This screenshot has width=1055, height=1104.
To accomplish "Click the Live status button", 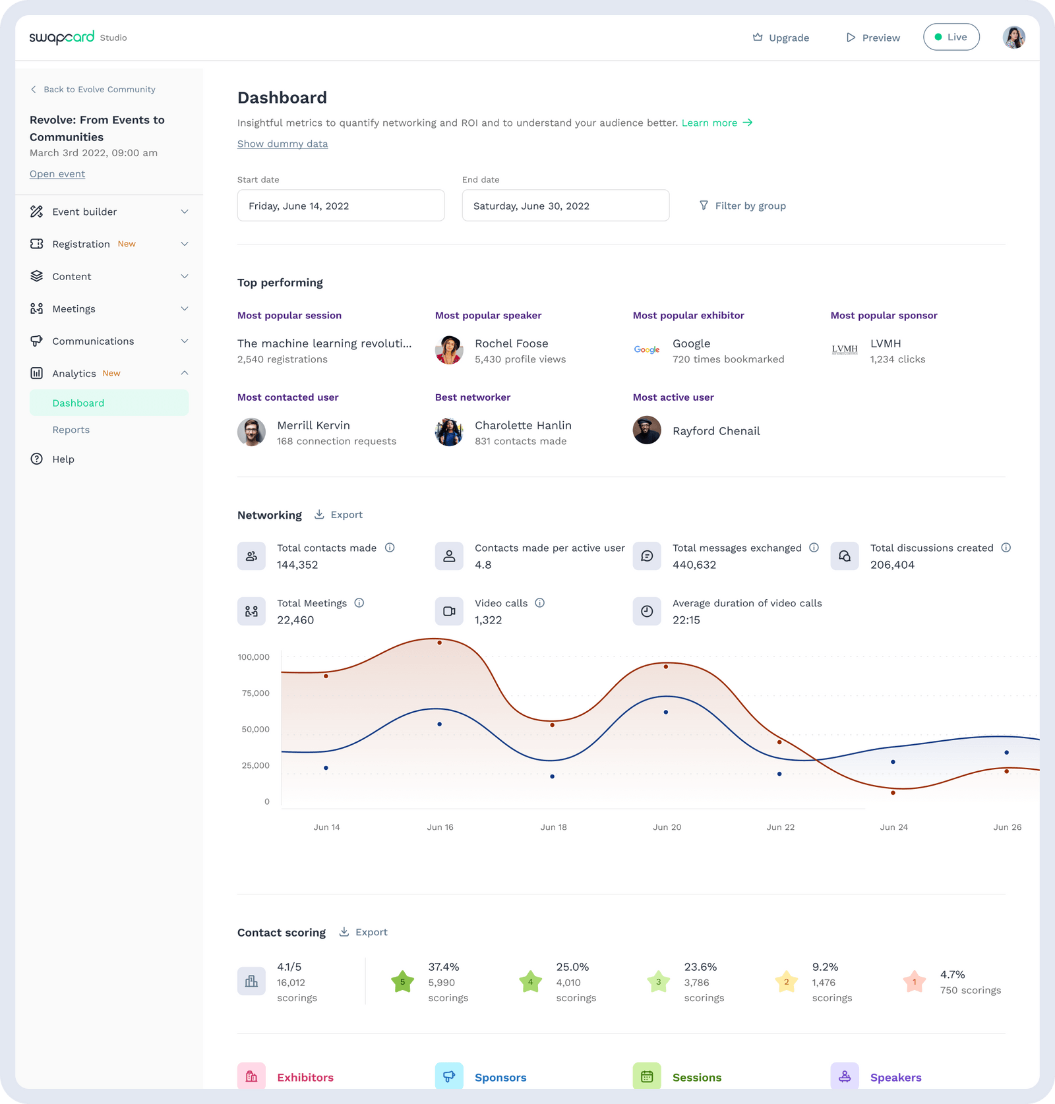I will click(951, 37).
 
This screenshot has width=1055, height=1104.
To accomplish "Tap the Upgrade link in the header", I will click(781, 38).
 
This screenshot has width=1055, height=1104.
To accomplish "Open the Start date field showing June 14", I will click(340, 206).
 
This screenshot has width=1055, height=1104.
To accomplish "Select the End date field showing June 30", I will click(565, 206).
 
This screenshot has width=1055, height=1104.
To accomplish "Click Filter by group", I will click(742, 206).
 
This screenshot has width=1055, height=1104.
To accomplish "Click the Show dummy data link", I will click(282, 144).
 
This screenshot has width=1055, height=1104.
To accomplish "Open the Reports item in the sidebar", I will click(71, 430).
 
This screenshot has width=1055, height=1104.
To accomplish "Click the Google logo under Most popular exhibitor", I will click(647, 350).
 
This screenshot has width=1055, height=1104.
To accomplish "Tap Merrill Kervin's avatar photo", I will click(251, 432).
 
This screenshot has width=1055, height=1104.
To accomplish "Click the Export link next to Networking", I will click(338, 515).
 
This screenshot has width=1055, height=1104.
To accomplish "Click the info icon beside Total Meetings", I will click(359, 603).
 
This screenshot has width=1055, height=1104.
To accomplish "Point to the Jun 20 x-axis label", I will click(667, 827).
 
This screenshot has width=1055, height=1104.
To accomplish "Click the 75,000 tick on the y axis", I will click(255, 693).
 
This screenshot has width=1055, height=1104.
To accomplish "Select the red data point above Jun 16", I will click(440, 643).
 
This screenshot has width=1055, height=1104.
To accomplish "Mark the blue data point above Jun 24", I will click(893, 762).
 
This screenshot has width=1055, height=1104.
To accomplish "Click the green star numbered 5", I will click(402, 982).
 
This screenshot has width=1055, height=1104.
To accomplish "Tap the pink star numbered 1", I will click(914, 982).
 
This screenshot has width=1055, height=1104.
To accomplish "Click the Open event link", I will click(57, 174).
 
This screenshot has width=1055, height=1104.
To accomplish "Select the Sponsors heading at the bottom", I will click(500, 1078).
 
